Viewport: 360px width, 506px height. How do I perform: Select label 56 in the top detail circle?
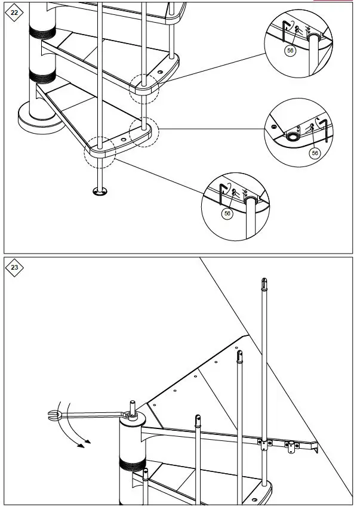(290, 51)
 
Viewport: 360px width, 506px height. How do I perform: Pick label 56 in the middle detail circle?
(315, 153)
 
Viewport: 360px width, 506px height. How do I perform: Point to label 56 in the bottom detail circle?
(227, 213)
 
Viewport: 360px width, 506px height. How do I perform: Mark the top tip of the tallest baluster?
(263, 279)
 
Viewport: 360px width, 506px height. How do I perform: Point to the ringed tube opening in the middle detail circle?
(293, 136)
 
